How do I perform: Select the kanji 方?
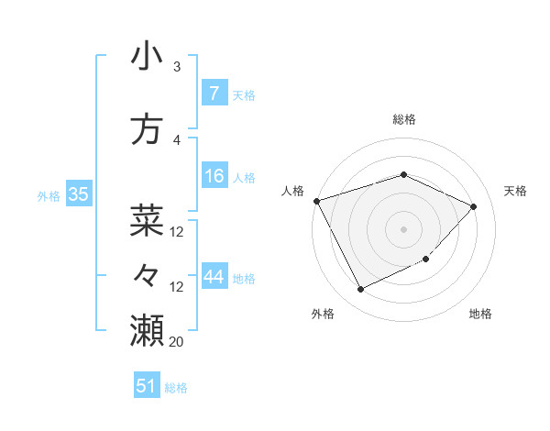pyautogui.click(x=147, y=129)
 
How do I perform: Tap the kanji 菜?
pyautogui.click(x=147, y=220)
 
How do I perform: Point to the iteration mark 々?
pyautogui.click(x=147, y=274)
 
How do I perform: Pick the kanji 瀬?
pyautogui.click(x=147, y=329)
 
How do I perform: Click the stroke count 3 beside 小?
pyautogui.click(x=176, y=67)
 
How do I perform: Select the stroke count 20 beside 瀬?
pyautogui.click(x=176, y=341)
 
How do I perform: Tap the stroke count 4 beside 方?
pyautogui.click(x=176, y=140)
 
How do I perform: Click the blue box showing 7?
pyautogui.click(x=214, y=94)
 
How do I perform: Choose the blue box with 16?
pyautogui.click(x=214, y=176)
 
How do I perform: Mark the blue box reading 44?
pyautogui.click(x=214, y=277)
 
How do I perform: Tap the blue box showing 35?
pyautogui.click(x=78, y=194)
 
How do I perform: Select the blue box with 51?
pyautogui.click(x=147, y=386)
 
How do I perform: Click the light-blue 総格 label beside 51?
pyautogui.click(x=176, y=388)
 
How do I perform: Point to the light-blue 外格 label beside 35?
pyautogui.click(x=49, y=195)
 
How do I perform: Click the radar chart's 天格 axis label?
pyautogui.click(x=515, y=191)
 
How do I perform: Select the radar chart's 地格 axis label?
pyautogui.click(x=480, y=315)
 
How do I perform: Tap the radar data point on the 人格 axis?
pyautogui.click(x=316, y=201)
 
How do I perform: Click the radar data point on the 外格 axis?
pyautogui.click(x=360, y=290)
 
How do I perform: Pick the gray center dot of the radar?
pyautogui.click(x=403, y=228)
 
